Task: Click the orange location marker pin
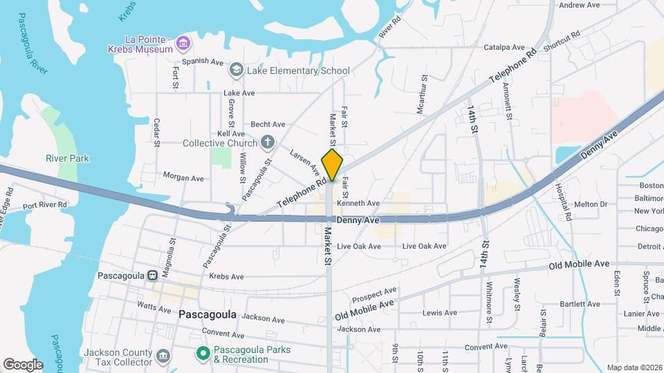(x=333, y=164)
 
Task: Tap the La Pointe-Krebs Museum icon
(x=183, y=44)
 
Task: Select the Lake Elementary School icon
(x=236, y=70)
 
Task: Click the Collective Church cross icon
(x=268, y=142)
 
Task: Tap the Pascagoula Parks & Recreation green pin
(x=203, y=354)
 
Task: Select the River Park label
(x=67, y=158)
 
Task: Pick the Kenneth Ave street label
(x=358, y=203)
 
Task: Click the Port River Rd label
(x=44, y=204)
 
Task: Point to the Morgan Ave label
(x=183, y=178)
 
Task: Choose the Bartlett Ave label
(x=580, y=303)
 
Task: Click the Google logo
(x=23, y=364)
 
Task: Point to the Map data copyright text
(x=634, y=367)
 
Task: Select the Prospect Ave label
(x=373, y=295)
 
